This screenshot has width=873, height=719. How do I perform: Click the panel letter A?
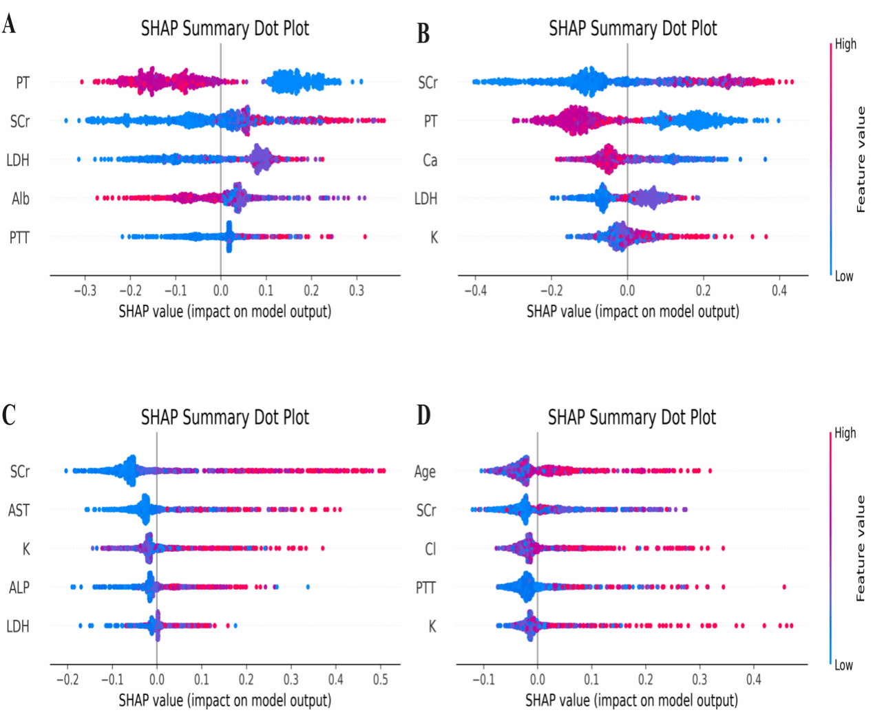pyautogui.click(x=9, y=25)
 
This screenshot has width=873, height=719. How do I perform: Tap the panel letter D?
pyautogui.click(x=423, y=415)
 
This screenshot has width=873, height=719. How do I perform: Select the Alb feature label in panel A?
pyautogui.click(x=21, y=199)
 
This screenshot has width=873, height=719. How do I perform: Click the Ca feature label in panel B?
pyautogui.click(x=430, y=160)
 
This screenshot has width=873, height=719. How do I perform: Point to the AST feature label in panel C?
pyautogui.click(x=19, y=511)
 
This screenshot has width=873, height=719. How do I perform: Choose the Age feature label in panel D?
pyautogui.click(x=425, y=472)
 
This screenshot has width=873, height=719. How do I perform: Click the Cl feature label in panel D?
pyautogui.click(x=430, y=549)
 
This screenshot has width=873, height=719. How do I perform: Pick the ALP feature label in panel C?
pyautogui.click(x=19, y=588)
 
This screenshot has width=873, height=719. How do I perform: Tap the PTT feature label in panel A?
pyautogui.click(x=19, y=238)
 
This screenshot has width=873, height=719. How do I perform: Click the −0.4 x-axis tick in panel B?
pyautogui.click(x=475, y=291)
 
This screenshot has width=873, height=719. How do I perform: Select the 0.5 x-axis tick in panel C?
pyautogui.click(x=380, y=680)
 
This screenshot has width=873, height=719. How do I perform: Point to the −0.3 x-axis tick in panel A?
pyautogui.click(x=85, y=291)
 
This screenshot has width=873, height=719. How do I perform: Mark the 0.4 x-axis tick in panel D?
pyautogui.click(x=754, y=680)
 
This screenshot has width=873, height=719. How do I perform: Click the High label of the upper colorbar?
pyautogui.click(x=845, y=45)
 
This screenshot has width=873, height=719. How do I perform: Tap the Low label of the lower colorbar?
pyautogui.click(x=843, y=665)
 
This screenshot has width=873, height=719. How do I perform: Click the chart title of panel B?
pyautogui.click(x=633, y=28)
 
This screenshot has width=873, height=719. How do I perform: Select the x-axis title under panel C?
pyautogui.click(x=225, y=700)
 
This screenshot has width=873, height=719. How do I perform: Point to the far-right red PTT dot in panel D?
pyautogui.click(x=784, y=587)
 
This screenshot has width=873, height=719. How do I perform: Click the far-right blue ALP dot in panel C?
pyautogui.click(x=308, y=587)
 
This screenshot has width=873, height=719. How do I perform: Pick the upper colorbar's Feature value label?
pyautogui.click(x=861, y=160)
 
